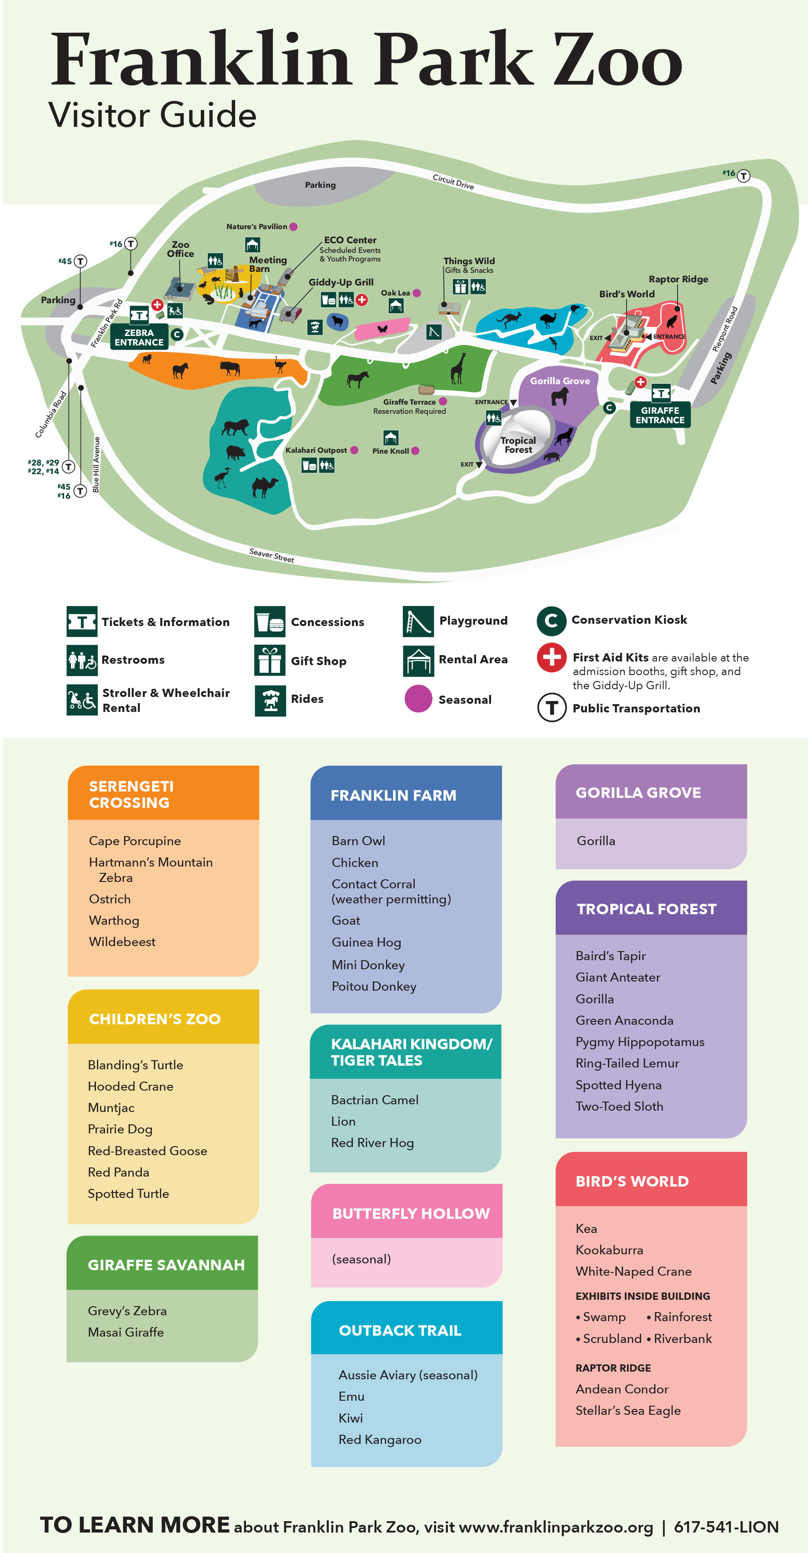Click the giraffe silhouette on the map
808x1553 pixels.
(458, 368)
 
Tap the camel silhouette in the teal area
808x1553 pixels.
(264, 486)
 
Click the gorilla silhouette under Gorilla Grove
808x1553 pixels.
(560, 397)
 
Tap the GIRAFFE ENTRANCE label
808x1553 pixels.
(660, 416)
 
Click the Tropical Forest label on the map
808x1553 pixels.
(518, 445)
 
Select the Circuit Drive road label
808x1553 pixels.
(453, 181)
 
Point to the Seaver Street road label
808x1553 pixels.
(271, 555)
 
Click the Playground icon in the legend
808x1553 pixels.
(418, 621)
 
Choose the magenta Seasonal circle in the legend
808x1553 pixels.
(418, 699)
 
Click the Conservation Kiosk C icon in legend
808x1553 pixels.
(551, 621)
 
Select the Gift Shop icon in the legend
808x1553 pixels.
(270, 660)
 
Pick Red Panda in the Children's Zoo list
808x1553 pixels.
(118, 1172)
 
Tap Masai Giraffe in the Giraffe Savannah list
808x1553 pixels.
(125, 1333)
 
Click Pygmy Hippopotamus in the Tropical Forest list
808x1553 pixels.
(639, 1042)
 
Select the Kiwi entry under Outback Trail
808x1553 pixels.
(350, 1418)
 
